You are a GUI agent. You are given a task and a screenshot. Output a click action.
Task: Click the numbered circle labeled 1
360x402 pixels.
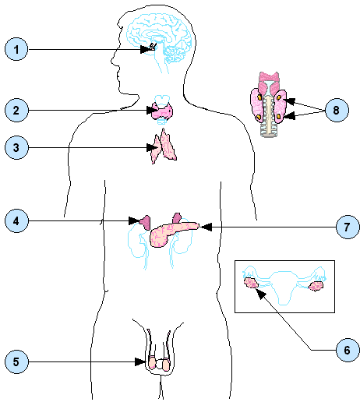coord(16,49)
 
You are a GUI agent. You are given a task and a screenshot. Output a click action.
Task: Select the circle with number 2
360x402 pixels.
coord(16,110)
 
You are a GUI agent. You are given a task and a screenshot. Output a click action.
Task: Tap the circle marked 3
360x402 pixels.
coord(16,147)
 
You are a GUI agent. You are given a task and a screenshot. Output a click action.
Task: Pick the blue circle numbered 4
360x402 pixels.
coord(16,221)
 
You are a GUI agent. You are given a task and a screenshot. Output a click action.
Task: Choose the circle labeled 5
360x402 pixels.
coord(16,361)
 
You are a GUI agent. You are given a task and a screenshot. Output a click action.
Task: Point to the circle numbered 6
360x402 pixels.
coord(348,350)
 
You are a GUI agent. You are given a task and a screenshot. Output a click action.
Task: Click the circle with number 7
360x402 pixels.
coord(348,227)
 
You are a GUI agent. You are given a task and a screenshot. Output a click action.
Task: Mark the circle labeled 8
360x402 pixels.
coord(337,110)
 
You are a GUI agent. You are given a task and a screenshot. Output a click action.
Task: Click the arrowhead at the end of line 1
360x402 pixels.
coord(145,49)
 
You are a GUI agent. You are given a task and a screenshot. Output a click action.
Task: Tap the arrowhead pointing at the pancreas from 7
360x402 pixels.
coord(206,227)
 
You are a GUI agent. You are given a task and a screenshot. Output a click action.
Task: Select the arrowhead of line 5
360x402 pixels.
coord(140,361)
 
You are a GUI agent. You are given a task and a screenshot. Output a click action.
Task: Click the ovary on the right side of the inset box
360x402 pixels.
coord(316,286)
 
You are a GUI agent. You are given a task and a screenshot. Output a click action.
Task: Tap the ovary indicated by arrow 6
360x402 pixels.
coord(251,283)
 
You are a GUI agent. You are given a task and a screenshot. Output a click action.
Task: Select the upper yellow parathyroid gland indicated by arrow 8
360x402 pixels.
coord(279,97)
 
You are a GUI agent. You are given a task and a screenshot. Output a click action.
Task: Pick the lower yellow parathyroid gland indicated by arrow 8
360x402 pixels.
coord(278,116)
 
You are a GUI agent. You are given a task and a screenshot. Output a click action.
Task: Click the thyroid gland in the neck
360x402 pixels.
coord(162,111)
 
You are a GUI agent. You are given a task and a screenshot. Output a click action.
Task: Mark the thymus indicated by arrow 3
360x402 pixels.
coord(164,146)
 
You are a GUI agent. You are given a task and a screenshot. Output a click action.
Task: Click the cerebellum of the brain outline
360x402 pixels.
coord(174,55)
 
